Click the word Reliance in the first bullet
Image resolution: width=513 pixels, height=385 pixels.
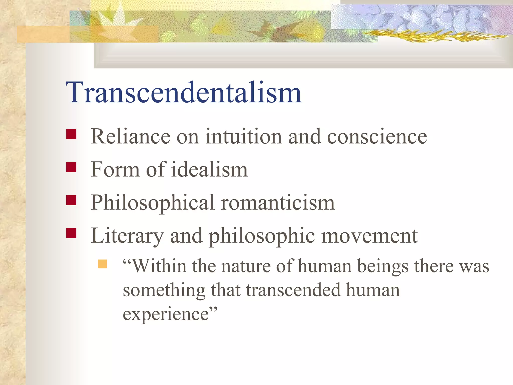click(130, 137)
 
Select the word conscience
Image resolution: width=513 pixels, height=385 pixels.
click(377, 137)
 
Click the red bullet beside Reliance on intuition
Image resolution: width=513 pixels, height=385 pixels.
click(71, 134)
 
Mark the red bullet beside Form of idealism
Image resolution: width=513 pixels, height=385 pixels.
click(71, 167)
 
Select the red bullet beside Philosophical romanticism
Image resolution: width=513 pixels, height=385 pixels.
click(71, 200)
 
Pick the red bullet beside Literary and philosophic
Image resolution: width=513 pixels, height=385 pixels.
click(71, 233)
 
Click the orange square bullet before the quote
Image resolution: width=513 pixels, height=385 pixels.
click(103, 264)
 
